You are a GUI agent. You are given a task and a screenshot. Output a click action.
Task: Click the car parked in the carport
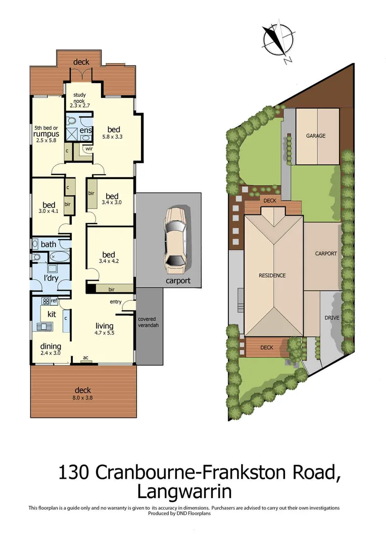(x=175, y=240)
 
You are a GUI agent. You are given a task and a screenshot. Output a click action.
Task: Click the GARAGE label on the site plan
(x=315, y=136)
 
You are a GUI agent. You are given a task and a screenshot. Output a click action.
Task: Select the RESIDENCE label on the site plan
(x=272, y=276)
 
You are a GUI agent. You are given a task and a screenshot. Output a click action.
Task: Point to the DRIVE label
(x=332, y=318)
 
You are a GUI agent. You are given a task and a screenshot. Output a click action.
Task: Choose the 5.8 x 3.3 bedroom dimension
(x=112, y=136)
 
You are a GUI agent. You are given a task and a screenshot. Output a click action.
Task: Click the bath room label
(x=49, y=245)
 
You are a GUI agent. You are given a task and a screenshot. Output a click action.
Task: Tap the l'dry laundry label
(x=51, y=279)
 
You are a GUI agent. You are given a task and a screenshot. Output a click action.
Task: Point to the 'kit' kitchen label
(x=51, y=314)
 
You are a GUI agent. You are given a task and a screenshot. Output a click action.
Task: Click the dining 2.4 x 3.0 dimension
(x=51, y=353)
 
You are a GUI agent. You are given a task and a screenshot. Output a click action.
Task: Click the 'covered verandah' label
(x=148, y=322)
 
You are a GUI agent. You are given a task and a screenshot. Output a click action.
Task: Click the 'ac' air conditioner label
(x=86, y=357)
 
